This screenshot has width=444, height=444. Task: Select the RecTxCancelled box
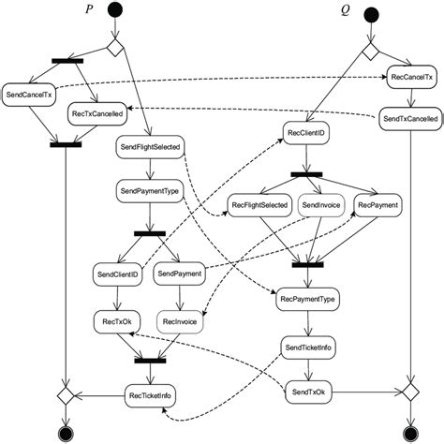[x=97, y=114]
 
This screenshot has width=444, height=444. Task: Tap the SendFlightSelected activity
[x=150, y=147]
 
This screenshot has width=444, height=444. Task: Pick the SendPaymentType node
[x=149, y=190]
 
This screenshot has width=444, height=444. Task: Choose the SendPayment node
[x=180, y=274]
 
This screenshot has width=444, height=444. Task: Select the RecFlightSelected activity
[x=259, y=205]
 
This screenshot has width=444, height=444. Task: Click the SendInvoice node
[x=320, y=205]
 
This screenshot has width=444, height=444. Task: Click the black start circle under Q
[x=371, y=14]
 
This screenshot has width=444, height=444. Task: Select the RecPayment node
[x=378, y=205]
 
